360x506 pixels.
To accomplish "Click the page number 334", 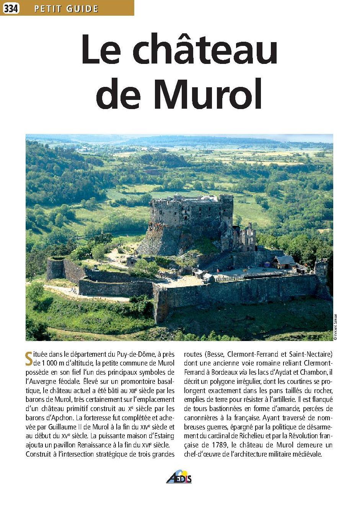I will (11, 8).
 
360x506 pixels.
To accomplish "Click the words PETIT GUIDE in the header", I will (66, 8).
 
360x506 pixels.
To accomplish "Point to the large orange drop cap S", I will (29, 358).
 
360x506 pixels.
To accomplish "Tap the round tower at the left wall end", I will (55, 269).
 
